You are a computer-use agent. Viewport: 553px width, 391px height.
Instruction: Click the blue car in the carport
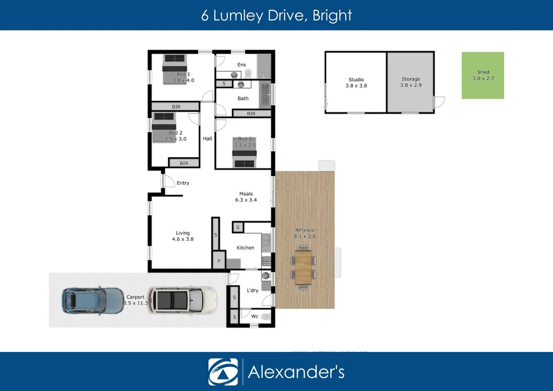(x=93, y=300)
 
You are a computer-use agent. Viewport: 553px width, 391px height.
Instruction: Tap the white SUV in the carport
(x=182, y=300)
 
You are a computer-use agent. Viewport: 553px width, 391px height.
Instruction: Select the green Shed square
(x=483, y=75)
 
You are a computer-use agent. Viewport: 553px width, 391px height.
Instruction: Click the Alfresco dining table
(x=303, y=267)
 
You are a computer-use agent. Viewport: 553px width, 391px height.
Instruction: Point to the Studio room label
(x=356, y=80)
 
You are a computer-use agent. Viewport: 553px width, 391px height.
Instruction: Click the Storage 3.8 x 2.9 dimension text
(x=411, y=85)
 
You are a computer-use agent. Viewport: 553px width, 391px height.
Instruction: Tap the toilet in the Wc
(x=265, y=317)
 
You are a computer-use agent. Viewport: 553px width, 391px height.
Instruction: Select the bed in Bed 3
(x=244, y=152)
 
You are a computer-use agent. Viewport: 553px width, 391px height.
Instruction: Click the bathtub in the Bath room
(x=265, y=95)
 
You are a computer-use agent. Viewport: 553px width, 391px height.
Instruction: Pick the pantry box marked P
(x=219, y=261)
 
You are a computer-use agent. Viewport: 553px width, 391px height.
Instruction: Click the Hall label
(x=208, y=139)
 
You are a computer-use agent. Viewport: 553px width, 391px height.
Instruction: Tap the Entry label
(x=183, y=183)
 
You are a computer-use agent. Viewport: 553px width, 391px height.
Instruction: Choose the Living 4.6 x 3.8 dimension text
(x=183, y=239)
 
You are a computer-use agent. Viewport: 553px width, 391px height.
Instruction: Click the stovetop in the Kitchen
(x=267, y=261)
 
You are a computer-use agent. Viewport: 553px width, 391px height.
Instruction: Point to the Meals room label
(x=246, y=194)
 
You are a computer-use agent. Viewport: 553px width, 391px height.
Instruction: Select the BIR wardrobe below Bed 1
(x=176, y=107)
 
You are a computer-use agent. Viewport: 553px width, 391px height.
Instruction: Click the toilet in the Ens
(x=248, y=73)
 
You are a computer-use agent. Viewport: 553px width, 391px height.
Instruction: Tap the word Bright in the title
(x=332, y=16)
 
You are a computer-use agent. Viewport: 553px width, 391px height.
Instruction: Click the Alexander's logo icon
(x=223, y=372)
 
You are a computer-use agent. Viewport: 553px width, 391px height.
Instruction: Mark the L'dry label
(x=252, y=290)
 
